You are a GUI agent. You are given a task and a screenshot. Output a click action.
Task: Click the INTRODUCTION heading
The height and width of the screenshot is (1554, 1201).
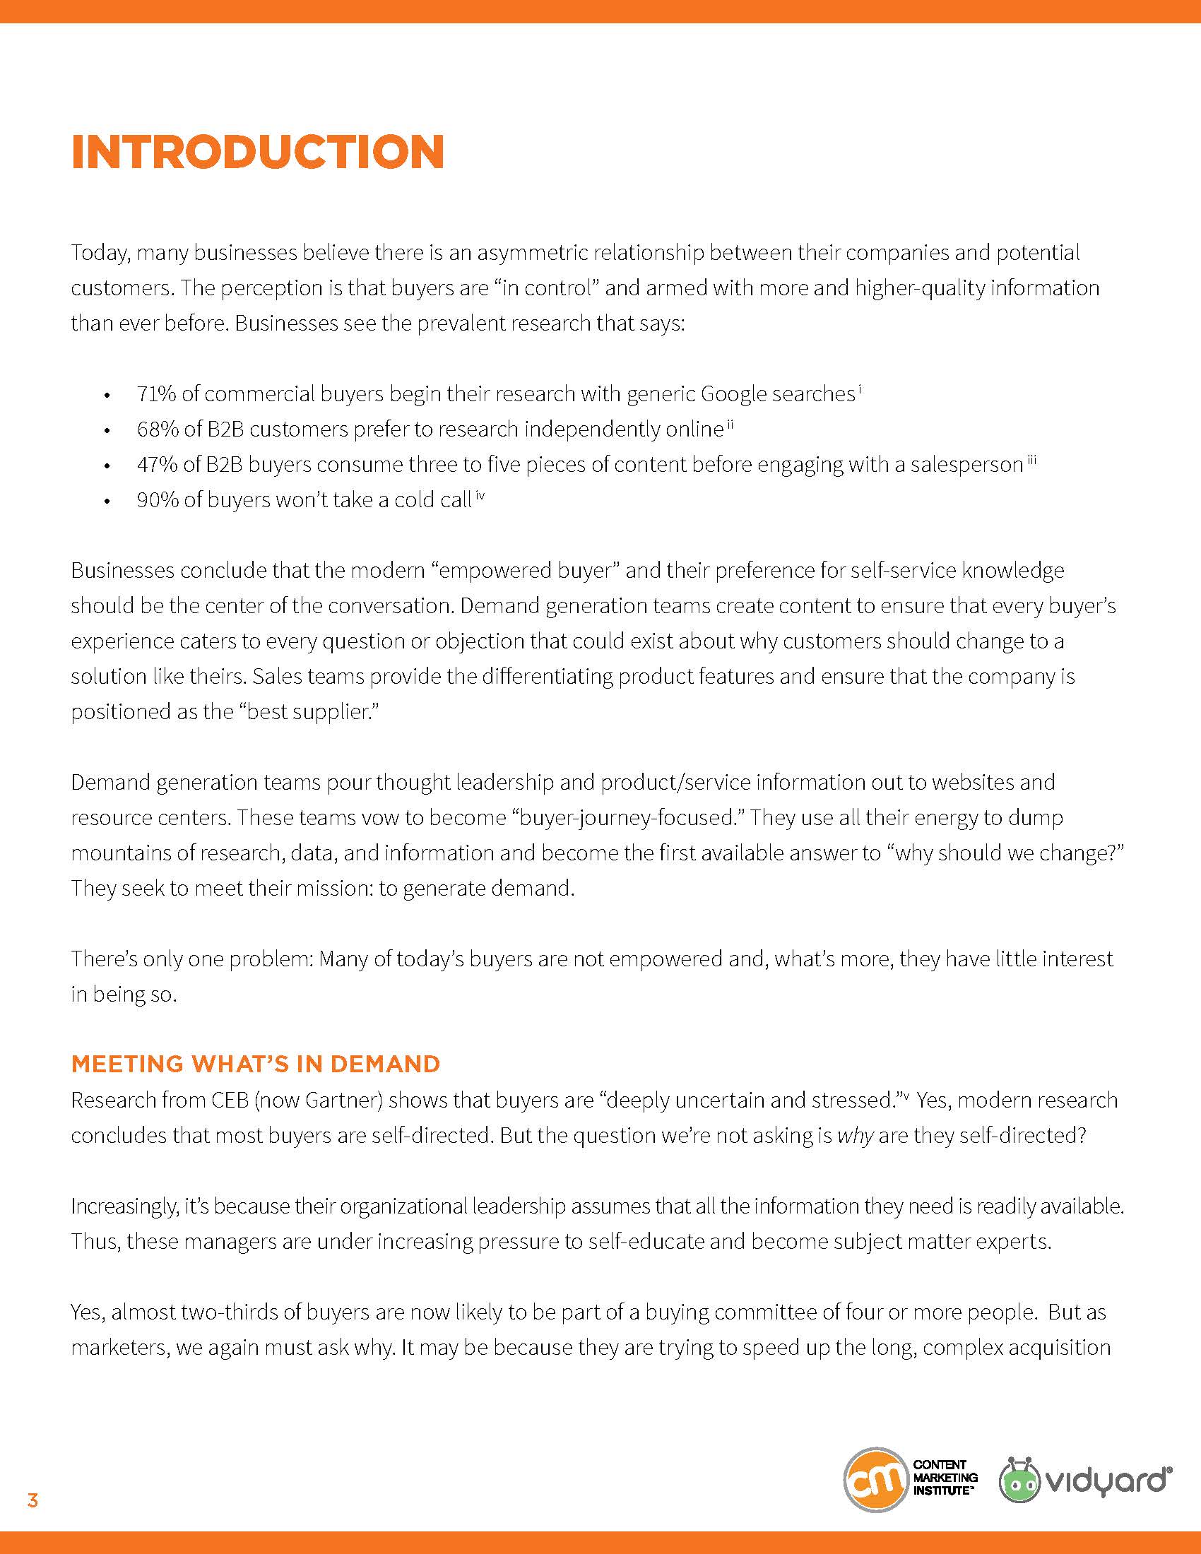click(x=258, y=152)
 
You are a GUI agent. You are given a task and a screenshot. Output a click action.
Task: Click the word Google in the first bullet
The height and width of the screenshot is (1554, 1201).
click(x=733, y=393)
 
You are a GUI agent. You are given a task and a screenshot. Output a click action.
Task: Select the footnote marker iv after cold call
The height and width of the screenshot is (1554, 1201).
click(x=480, y=497)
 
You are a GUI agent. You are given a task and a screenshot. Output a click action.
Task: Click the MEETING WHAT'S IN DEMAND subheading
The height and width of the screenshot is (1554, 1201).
click(x=256, y=1064)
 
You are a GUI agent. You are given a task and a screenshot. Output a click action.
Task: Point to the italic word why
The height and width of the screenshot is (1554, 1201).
click(x=855, y=1135)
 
